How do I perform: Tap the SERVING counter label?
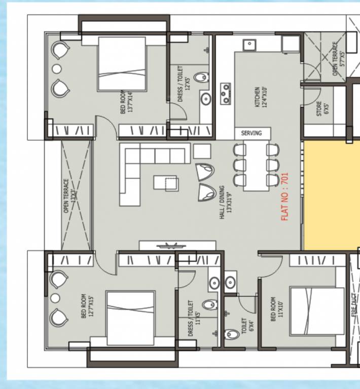pos(251,133)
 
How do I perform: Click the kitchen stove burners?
pos(225,94)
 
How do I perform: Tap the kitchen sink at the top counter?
pos(249,45)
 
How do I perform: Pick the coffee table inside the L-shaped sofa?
pos(165,182)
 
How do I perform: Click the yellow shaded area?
pos(331,196)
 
